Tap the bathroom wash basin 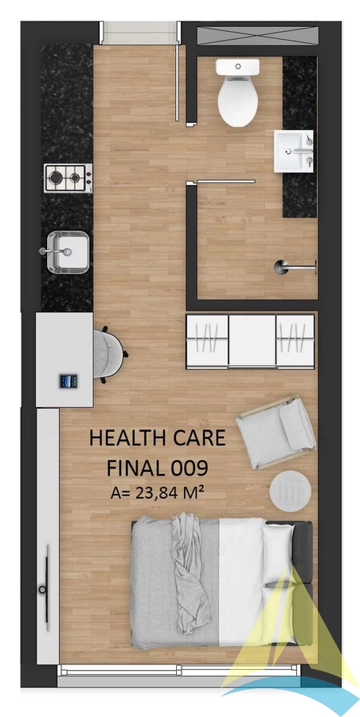[294, 151]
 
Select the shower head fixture [295, 267]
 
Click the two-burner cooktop [68, 178]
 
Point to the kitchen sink [68, 252]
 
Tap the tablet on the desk [68, 381]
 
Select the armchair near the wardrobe [276, 433]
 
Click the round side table [290, 492]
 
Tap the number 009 [190, 468]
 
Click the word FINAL [136, 468]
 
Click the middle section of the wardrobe [252, 341]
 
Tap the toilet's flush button [238, 66]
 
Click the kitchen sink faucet [55, 251]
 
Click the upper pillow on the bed [278, 554]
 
